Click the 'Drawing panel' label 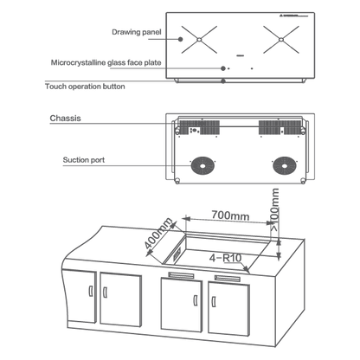click(x=137, y=32)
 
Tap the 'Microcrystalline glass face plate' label click(x=106, y=62)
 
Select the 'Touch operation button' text click(x=85, y=87)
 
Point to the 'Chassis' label click(x=65, y=118)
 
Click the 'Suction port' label click(x=84, y=160)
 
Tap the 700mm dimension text click(x=230, y=215)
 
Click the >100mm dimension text click(x=274, y=209)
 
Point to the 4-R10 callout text click(x=225, y=258)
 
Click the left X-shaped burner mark click(x=199, y=40)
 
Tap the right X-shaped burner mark click(x=281, y=40)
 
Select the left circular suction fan click(x=202, y=166)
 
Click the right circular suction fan click(x=285, y=166)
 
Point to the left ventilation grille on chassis click(x=200, y=127)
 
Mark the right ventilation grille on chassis click(x=280, y=127)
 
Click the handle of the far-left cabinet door click(x=91, y=291)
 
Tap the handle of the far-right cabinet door click(x=214, y=302)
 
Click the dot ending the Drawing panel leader click(x=180, y=39)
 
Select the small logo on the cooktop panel click(x=293, y=16)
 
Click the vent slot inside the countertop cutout click(x=177, y=255)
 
